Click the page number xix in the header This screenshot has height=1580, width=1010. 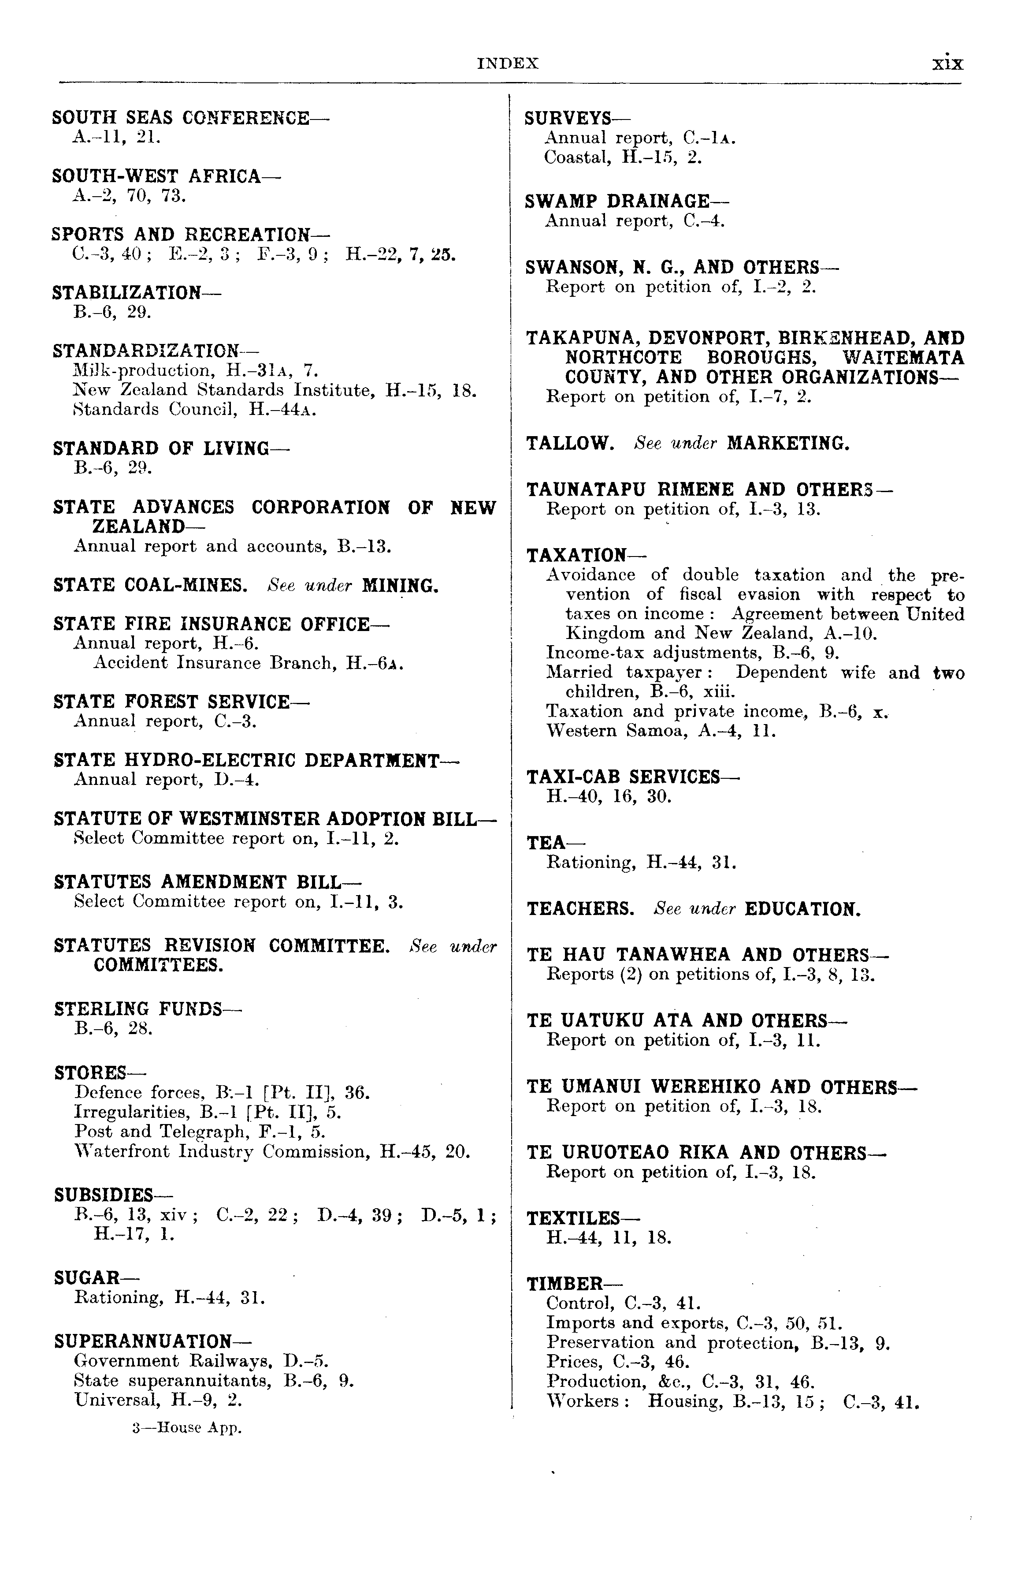tap(948, 63)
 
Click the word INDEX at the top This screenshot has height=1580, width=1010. tap(508, 63)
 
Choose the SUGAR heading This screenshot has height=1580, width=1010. tap(88, 1278)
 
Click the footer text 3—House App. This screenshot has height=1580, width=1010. tap(187, 1428)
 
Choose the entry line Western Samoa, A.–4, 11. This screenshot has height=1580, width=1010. tap(661, 731)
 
